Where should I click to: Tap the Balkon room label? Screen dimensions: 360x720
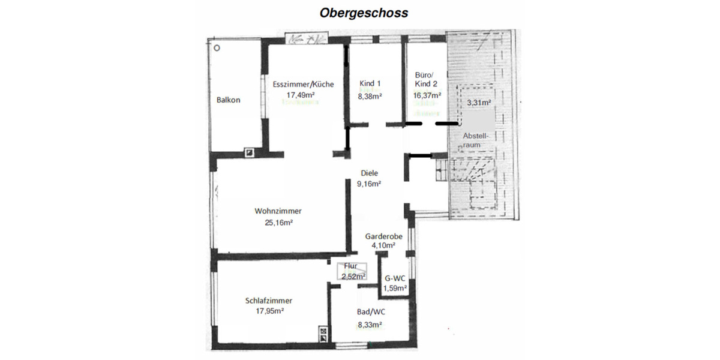point(228,100)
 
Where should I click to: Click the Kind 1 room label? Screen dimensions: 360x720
point(370,83)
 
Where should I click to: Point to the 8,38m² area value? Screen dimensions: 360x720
point(370,95)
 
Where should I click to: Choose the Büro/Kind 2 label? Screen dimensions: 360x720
point(426,80)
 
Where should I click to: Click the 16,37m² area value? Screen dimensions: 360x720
point(427,95)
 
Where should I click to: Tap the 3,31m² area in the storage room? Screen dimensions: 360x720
point(479,103)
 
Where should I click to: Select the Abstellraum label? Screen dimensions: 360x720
point(476,140)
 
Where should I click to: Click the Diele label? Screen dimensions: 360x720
point(369,173)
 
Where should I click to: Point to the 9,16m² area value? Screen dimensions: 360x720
point(370,184)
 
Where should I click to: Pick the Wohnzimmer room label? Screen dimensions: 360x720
point(278,211)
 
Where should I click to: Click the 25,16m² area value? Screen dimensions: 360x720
point(278,223)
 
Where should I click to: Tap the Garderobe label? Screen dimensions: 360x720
point(383,236)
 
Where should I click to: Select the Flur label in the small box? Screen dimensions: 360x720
point(351,266)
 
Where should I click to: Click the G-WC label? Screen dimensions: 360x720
point(395,278)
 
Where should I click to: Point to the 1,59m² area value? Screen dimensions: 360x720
point(395,288)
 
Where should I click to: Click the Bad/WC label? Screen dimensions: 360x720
point(371,312)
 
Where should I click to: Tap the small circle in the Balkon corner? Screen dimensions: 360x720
point(218,47)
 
